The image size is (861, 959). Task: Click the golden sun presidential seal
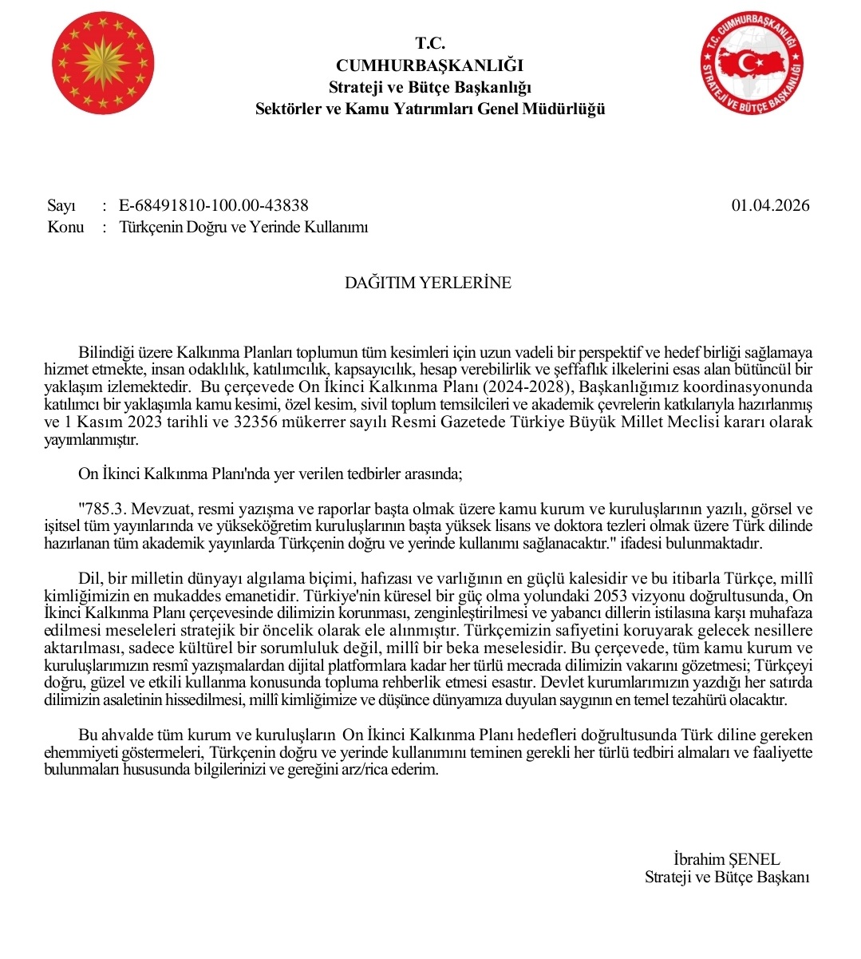click(103, 63)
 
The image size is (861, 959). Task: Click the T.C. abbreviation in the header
click(430, 44)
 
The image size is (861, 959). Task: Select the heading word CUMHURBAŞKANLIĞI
click(430, 65)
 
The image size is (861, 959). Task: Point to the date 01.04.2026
click(770, 206)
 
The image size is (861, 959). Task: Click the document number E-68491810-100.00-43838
click(214, 206)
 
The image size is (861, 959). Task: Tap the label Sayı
click(61, 206)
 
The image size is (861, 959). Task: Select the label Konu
click(65, 228)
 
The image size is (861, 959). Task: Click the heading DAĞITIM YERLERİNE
click(428, 283)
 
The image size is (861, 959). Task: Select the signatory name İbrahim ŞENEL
click(726, 860)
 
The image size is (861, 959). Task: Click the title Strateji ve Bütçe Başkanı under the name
click(727, 878)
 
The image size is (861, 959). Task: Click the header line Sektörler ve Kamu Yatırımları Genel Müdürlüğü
click(430, 109)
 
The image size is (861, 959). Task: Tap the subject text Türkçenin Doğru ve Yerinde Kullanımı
click(243, 228)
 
